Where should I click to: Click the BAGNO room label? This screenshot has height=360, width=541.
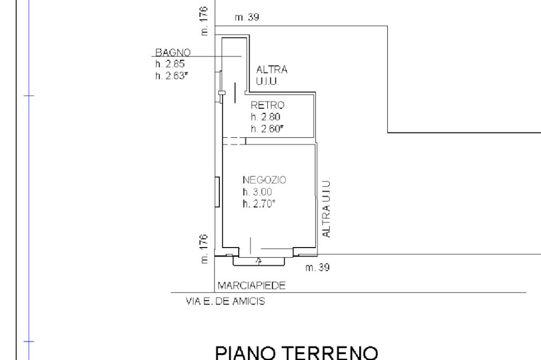click(x=173, y=52)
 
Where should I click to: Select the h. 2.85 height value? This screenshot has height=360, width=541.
click(x=170, y=64)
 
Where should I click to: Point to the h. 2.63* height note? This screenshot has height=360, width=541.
click(x=172, y=75)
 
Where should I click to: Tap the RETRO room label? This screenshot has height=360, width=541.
click(x=267, y=105)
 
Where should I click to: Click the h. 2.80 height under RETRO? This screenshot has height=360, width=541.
click(x=265, y=117)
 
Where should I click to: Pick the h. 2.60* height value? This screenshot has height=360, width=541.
click(x=267, y=129)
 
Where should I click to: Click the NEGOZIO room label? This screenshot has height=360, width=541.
click(x=264, y=180)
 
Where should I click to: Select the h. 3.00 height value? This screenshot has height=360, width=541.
click(x=257, y=192)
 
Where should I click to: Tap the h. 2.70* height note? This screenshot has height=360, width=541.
click(x=259, y=203)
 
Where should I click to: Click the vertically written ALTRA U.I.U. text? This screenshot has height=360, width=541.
click(x=326, y=207)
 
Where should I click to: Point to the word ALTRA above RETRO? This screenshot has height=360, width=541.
click(x=272, y=70)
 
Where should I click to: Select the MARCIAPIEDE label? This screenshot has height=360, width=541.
click(x=251, y=286)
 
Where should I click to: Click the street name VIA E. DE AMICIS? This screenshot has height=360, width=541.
click(x=225, y=301)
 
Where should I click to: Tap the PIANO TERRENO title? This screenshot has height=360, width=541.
click(x=297, y=353)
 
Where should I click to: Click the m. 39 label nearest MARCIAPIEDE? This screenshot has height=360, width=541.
click(x=318, y=267)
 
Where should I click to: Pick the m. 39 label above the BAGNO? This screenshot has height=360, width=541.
click(x=247, y=17)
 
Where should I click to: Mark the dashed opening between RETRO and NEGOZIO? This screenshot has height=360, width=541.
click(x=234, y=141)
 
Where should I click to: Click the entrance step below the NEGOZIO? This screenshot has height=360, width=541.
click(x=259, y=261)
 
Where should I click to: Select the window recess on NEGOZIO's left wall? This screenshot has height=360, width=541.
click(x=217, y=192)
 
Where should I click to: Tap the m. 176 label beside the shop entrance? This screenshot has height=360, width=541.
click(x=204, y=249)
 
